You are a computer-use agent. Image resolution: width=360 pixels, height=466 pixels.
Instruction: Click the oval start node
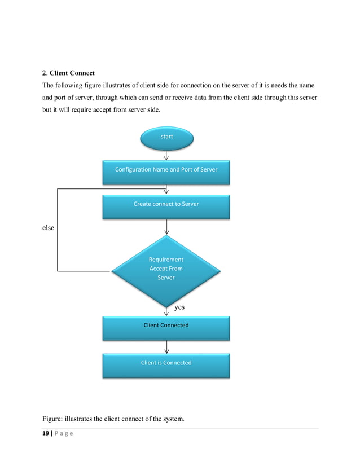coord(166,137)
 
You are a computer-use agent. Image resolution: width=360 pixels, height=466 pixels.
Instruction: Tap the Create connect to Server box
coord(166,205)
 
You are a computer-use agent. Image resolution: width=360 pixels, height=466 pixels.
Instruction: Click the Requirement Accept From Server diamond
coord(166,269)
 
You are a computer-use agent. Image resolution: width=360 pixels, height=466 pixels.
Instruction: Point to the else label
coord(49,228)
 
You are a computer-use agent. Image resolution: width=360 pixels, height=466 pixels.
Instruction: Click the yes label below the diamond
coord(179,307)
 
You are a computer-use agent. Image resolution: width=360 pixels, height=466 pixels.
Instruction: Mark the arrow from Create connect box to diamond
coord(166,227)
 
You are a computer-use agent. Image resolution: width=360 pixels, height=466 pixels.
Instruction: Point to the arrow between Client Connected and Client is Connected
coord(166,346)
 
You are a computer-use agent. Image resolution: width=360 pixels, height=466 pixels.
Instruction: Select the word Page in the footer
coord(64,433)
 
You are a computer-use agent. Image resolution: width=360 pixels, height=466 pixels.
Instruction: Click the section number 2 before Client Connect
coord(45,73)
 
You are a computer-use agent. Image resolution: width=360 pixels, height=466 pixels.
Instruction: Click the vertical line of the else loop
coord(57,230)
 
